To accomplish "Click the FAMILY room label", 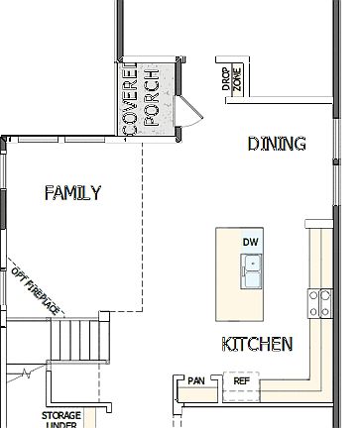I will tap(72, 193).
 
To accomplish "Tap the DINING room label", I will tap(276, 145).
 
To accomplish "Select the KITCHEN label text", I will tap(256, 345).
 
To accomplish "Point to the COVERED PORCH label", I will tap(139, 99).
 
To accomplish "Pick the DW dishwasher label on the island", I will tap(249, 242).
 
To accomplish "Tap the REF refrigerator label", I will tap(241, 380).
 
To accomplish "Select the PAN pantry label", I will tap(195, 380).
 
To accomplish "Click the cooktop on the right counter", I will tap(320, 303).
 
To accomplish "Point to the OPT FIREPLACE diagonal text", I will tap(36, 288).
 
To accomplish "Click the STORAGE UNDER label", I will tap(60, 420).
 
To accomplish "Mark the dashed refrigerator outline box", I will tap(241, 386).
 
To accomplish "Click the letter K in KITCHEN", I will tap(227, 345).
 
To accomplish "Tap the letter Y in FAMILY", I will tap(95, 193).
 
